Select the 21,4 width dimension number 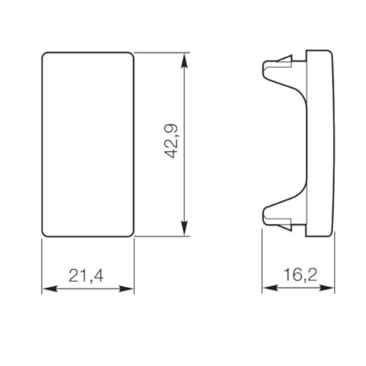click(x=88, y=275)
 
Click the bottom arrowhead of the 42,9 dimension click(x=187, y=232)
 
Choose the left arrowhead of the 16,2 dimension click(x=268, y=289)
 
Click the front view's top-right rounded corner click(x=130, y=56)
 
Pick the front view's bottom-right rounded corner click(x=130, y=233)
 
